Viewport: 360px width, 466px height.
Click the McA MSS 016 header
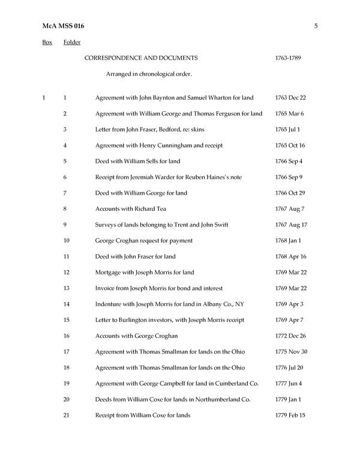coord(64,26)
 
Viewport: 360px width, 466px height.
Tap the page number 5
coord(315,26)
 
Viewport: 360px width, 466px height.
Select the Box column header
coord(47,43)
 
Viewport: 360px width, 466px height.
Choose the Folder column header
coord(72,43)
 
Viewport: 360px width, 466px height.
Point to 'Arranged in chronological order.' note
coord(149,74)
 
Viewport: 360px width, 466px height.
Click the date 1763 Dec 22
coord(290,97)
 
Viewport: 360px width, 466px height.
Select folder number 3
coord(65,129)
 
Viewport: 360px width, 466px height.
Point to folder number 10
coord(66,240)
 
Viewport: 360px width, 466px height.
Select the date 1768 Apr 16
coord(290,256)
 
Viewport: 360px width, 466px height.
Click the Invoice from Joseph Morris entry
coord(161,288)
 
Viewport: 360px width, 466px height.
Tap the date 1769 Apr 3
coord(288,304)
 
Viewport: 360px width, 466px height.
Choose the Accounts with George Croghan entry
coord(136,336)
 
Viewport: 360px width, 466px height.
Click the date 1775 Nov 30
coord(291,351)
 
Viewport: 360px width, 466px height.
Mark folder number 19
coord(66,383)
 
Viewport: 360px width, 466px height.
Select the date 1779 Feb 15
coord(290,415)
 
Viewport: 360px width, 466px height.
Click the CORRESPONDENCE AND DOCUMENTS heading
coord(141,58)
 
